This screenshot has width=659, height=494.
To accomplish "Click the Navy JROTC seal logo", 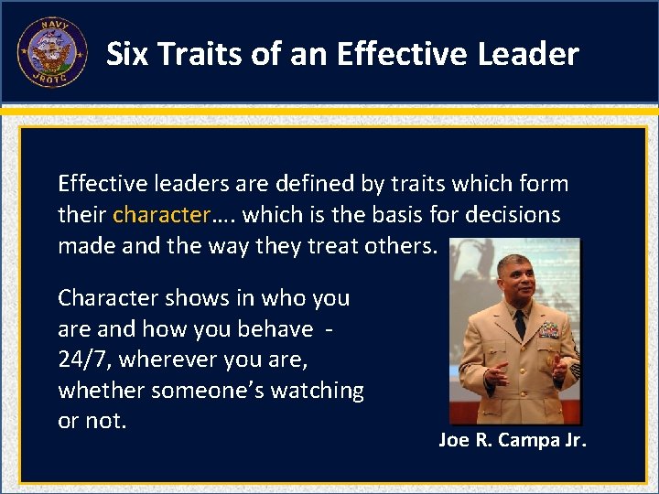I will [52, 52].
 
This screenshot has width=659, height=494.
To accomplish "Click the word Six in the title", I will [126, 54].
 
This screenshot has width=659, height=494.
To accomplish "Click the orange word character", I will [161, 215].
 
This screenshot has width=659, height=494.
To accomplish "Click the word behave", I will [275, 328].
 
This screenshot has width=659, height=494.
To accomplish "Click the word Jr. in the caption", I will [574, 441].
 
